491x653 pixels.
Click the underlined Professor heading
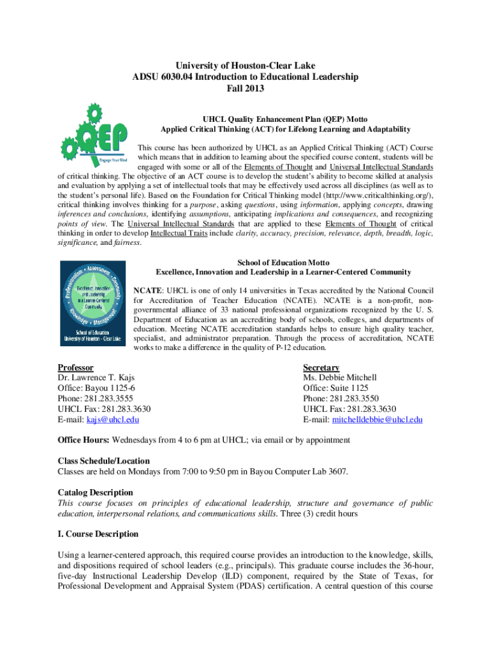76,367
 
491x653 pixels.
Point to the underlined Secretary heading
321,367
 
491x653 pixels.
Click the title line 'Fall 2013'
246,89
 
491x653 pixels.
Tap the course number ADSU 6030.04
164,77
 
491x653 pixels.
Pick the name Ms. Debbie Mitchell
340,378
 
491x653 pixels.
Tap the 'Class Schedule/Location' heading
104,461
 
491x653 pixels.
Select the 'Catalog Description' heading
96,492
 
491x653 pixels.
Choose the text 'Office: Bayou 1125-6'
96,388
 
